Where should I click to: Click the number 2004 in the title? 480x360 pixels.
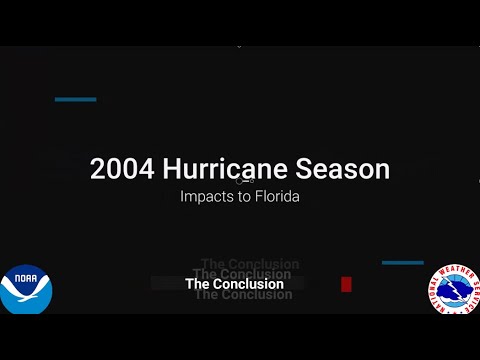(117, 169)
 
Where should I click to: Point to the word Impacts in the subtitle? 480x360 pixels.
(205, 197)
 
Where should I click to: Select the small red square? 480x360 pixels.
(346, 284)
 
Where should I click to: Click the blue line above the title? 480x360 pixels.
(75, 99)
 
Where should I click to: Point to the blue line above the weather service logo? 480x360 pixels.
(402, 263)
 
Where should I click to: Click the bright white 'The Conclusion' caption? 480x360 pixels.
(234, 284)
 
